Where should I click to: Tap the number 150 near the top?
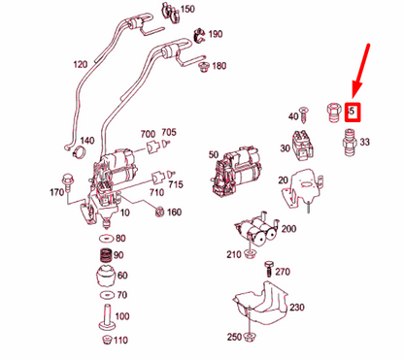click(187, 9)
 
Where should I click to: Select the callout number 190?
click(215, 33)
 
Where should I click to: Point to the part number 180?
click(219, 66)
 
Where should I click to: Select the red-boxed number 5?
click(353, 112)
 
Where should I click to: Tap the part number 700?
click(148, 133)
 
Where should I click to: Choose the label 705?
click(169, 132)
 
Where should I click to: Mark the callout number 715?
click(176, 184)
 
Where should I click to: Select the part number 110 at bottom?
click(120, 340)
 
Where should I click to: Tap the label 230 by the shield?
click(296, 308)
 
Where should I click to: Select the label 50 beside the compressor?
click(214, 154)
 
